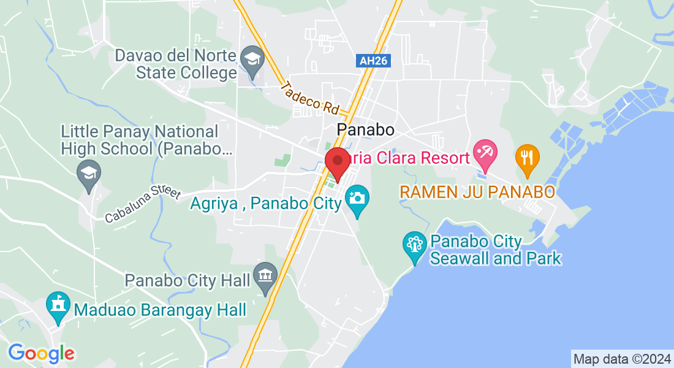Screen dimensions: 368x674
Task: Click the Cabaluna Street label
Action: pos(142,204)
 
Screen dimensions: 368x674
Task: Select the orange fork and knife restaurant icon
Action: pos(527,157)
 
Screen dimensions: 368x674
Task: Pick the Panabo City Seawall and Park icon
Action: pos(415,246)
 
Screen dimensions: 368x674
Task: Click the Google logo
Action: pos(41,353)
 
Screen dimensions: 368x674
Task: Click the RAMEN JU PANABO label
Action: pos(477,192)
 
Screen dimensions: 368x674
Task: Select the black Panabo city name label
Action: pos(365,130)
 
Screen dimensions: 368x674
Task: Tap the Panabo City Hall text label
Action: pos(187,280)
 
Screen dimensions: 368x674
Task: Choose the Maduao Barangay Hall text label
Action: pos(160,310)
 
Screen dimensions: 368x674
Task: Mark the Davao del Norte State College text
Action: pos(176,64)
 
